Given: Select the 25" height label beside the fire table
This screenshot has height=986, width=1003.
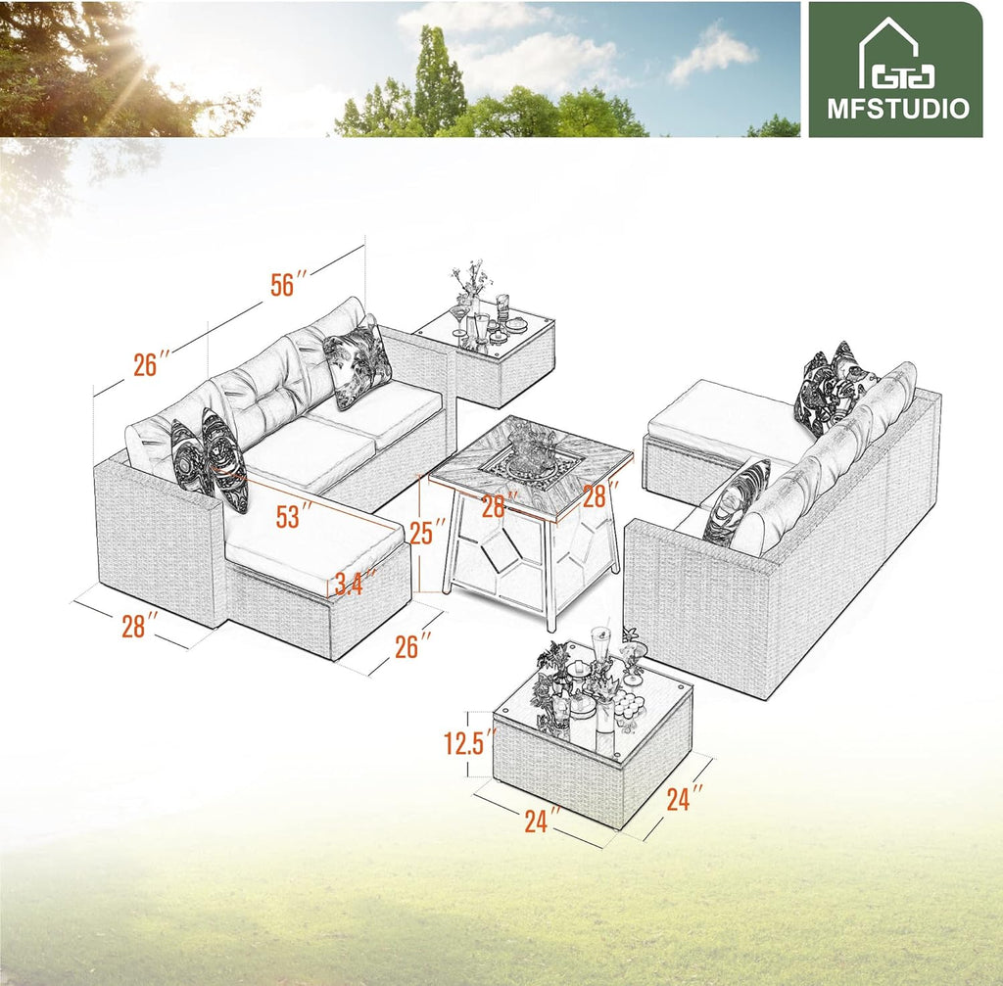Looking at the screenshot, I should coord(426,534).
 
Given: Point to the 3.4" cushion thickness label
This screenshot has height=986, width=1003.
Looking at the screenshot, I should coord(355,584).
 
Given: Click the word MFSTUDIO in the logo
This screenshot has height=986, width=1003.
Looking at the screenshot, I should coord(897,108).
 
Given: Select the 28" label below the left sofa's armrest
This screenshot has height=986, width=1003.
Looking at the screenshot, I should coord(140,625).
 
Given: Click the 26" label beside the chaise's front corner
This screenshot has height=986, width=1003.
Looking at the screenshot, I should coord(412,645).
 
